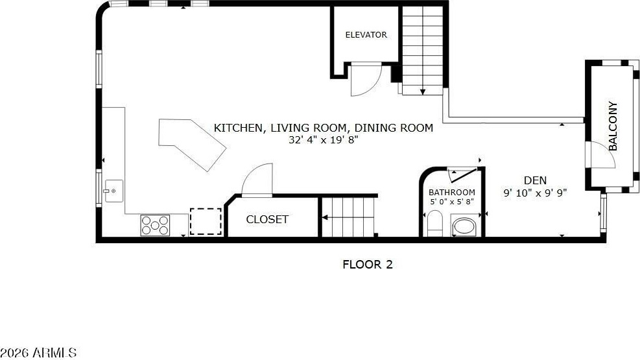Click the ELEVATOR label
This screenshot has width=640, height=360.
(366, 34)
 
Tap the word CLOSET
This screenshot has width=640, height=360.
(267, 219)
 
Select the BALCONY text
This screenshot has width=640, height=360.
(613, 126)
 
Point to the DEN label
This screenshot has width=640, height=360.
(535, 180)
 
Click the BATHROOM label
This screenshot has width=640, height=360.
(452, 192)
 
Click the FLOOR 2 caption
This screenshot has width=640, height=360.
(368, 265)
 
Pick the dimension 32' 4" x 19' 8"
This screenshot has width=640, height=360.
(324, 140)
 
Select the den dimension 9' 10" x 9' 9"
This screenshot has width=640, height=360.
(535, 193)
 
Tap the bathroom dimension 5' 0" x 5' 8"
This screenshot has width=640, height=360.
(452, 202)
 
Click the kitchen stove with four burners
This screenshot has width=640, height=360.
(155, 225)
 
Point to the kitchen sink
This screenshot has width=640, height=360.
(114, 191)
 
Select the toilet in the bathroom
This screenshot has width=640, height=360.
(434, 223)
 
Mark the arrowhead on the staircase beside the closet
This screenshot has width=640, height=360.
(325, 217)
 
